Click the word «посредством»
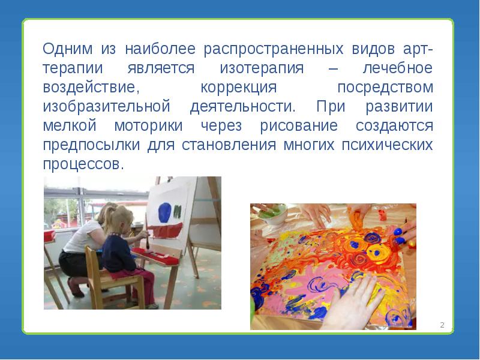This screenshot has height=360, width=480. (x=385, y=87)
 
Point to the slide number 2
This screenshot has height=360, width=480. (x=442, y=325)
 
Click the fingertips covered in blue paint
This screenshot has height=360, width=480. (x=404, y=238)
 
